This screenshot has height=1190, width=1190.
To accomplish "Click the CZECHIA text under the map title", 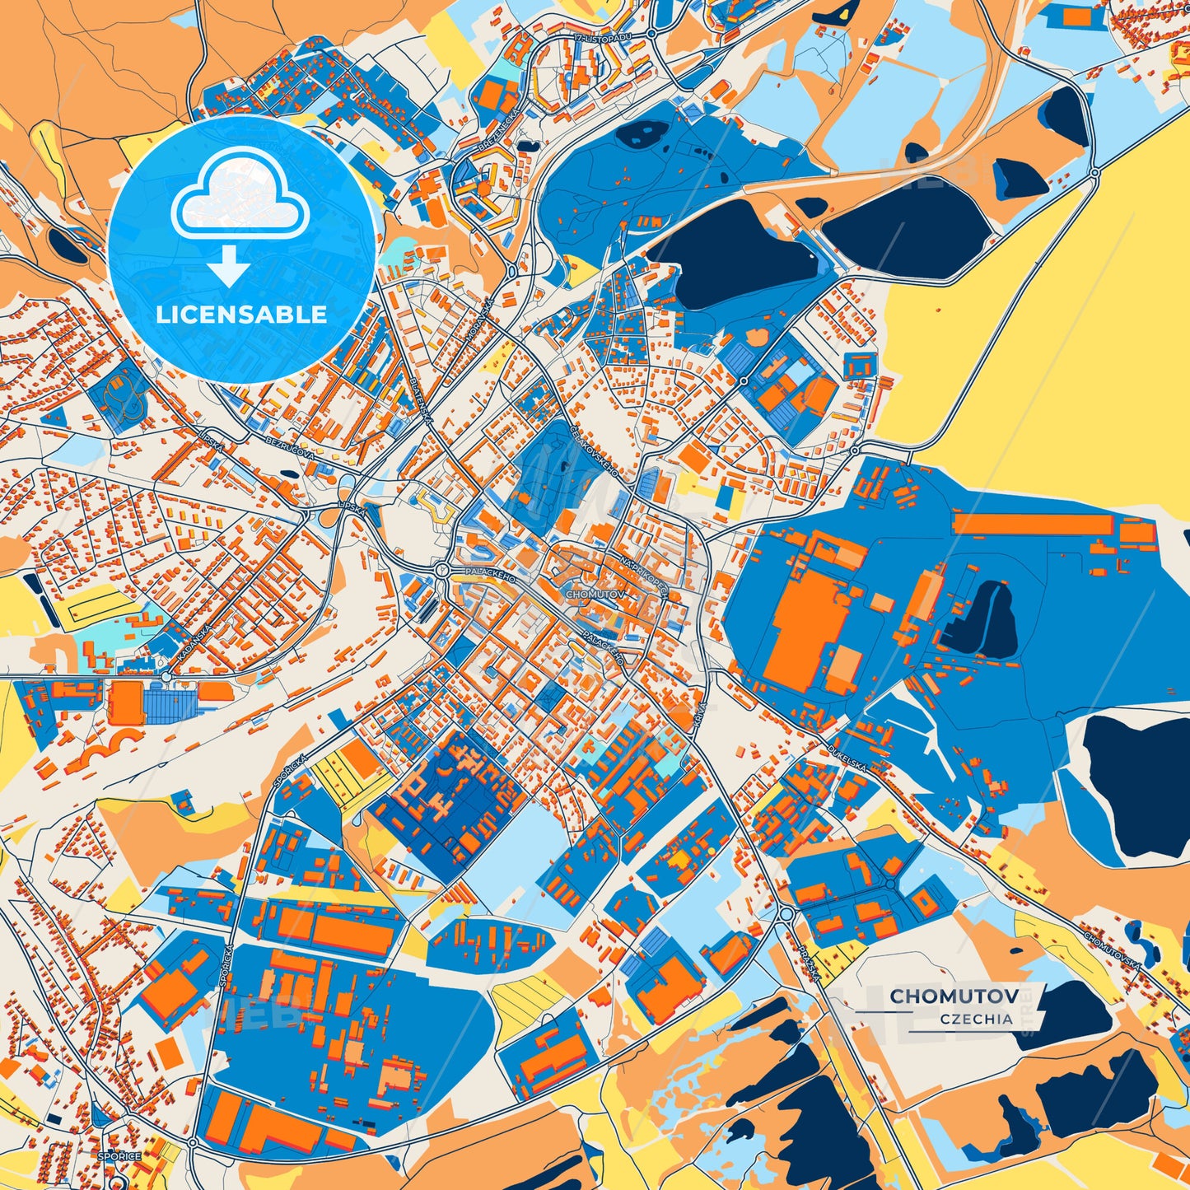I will [x=976, y=1019].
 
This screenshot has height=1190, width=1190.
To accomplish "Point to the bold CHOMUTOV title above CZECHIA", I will [x=954, y=996].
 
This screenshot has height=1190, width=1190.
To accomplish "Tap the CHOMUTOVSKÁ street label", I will [x=1113, y=950].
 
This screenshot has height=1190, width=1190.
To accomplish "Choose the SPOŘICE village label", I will [x=119, y=1156].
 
